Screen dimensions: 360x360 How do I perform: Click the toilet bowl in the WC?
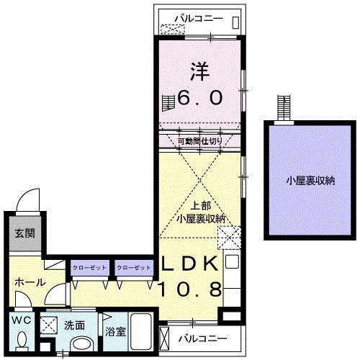click(22, 339)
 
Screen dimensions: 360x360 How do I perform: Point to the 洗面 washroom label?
click(74, 325)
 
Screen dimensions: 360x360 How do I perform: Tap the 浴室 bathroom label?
click(116, 333)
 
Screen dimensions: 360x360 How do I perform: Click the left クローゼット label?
click(89, 268)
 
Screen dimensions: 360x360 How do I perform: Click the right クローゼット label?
click(134, 268)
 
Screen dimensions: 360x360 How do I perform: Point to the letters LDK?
click(189, 264)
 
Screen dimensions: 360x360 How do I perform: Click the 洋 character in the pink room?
click(200, 71)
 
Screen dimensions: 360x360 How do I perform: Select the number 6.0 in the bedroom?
click(200, 98)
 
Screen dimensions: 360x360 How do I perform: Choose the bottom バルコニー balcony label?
click(202, 338)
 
